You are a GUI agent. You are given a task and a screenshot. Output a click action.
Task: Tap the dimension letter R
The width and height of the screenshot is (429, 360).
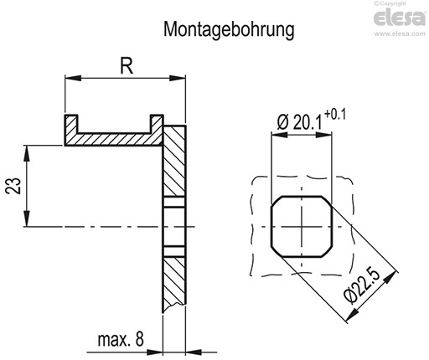click(x=126, y=66)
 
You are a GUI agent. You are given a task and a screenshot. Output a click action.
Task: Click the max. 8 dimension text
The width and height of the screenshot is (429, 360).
click(x=119, y=339)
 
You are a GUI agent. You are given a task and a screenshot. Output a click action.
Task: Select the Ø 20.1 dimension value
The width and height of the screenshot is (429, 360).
click(x=295, y=123)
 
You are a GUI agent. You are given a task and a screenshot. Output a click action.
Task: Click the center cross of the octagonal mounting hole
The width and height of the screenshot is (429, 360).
click(x=302, y=227)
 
